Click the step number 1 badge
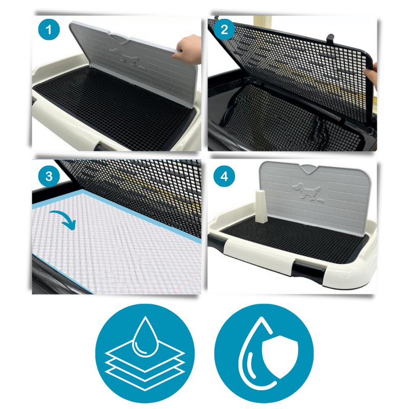pos(49,30)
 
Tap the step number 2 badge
pos(224,30)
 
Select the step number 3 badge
pos(49,176)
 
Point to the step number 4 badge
pos(224,176)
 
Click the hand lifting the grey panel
pos(188,49)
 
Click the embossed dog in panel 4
pos(308,192)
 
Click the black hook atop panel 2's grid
pos(330,39)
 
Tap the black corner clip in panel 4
pos(216,242)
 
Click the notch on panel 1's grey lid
pos(120,38)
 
